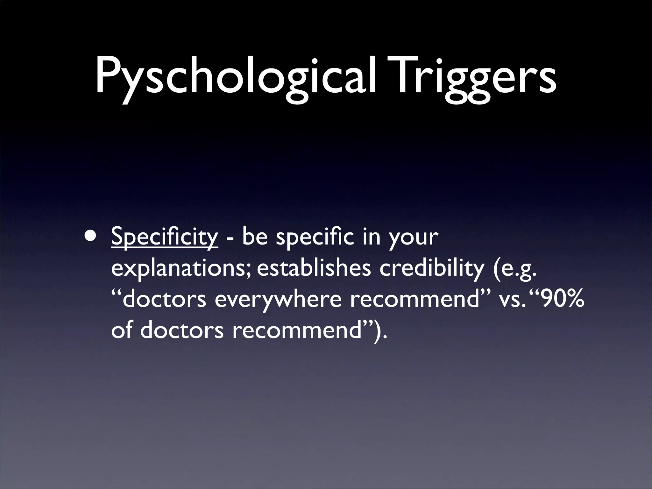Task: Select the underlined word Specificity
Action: (x=165, y=238)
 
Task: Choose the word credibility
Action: (x=431, y=269)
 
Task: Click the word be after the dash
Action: (x=255, y=237)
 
